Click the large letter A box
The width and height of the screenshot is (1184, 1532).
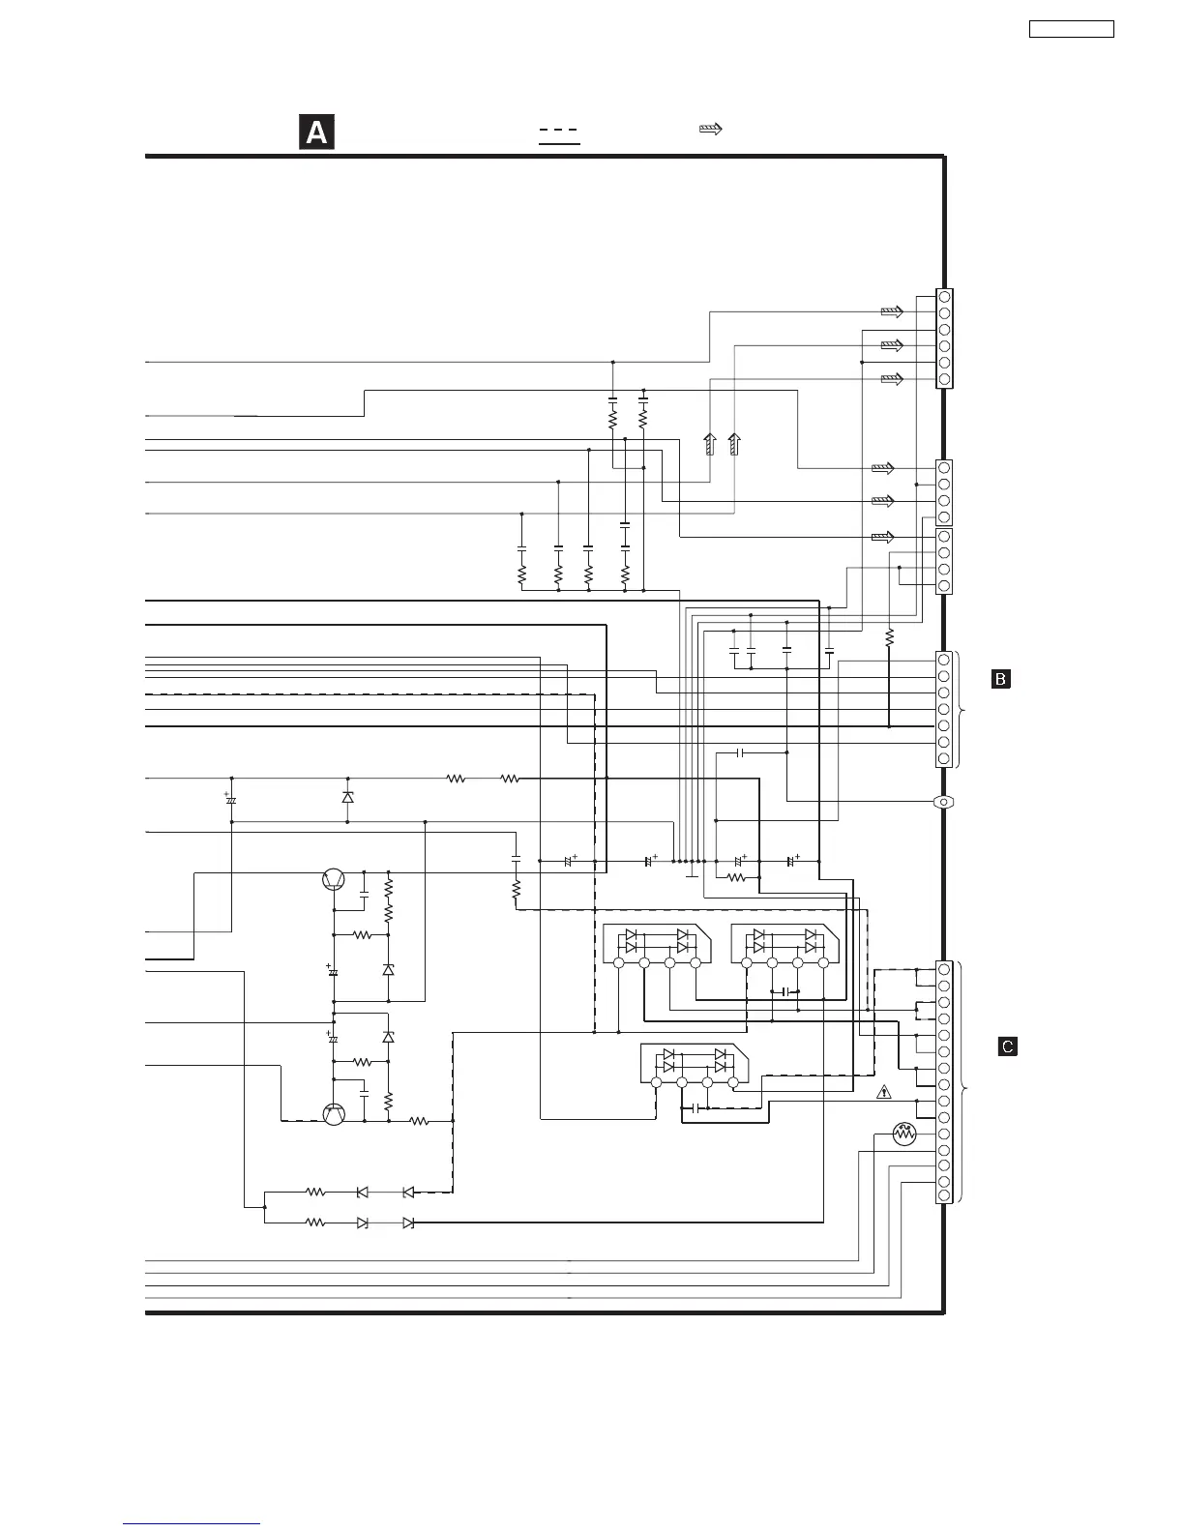pyautogui.click(x=316, y=133)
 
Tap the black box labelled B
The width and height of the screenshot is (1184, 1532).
pyautogui.click(x=1001, y=679)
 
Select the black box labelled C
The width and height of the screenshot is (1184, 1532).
pyautogui.click(x=1007, y=1046)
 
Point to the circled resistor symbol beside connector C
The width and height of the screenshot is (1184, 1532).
pyautogui.click(x=905, y=1134)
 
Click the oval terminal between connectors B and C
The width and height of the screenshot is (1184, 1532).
pyautogui.click(x=943, y=802)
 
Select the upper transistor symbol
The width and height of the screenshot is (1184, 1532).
pyautogui.click(x=334, y=879)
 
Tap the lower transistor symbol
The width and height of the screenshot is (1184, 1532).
pyautogui.click(x=334, y=1113)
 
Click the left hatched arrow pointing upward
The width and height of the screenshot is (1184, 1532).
pyautogui.click(x=709, y=444)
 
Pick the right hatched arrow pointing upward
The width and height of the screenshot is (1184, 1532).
pyautogui.click(x=734, y=444)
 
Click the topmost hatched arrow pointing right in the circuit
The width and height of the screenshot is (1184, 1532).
pyautogui.click(x=892, y=312)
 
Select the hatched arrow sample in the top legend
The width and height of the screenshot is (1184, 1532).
pyautogui.click(x=711, y=129)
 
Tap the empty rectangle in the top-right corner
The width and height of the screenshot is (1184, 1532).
pyautogui.click(x=1071, y=29)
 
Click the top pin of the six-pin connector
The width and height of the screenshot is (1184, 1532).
pyautogui.click(x=944, y=297)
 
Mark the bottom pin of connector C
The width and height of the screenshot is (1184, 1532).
pyautogui.click(x=944, y=1195)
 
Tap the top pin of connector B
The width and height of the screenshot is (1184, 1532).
pyautogui.click(x=944, y=660)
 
